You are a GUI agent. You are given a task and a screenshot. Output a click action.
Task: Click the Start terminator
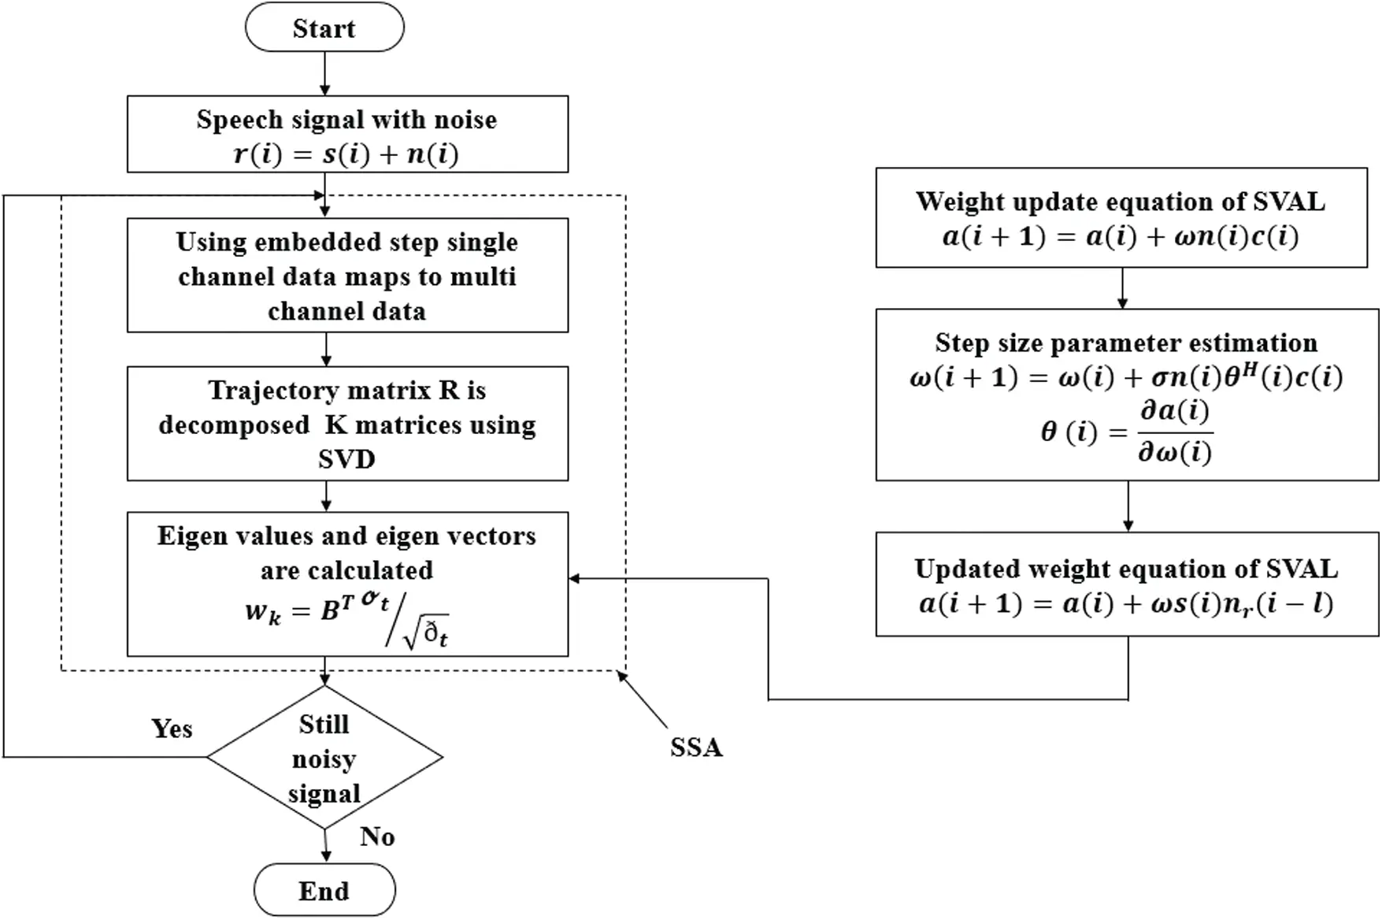pos(324,28)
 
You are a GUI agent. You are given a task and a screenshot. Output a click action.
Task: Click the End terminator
pos(324,891)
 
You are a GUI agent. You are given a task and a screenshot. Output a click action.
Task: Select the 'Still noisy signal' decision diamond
pos(324,758)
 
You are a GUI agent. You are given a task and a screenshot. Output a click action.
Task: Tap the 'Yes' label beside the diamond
pos(172,729)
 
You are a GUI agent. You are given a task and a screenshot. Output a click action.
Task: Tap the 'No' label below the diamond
pos(377,837)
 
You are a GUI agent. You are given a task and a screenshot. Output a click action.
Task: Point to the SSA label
pos(696,747)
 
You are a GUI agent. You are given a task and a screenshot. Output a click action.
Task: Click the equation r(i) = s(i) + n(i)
pos(346,154)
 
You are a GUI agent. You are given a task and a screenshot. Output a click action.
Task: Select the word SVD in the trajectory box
pos(346,459)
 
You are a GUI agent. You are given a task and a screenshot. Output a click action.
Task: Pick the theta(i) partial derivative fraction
pos(1127,432)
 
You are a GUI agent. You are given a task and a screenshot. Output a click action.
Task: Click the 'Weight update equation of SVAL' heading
pos(1121,202)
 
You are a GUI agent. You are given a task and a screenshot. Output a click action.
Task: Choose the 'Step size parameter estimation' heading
pos(1126,343)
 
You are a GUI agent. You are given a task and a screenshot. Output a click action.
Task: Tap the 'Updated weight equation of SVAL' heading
pos(1126,569)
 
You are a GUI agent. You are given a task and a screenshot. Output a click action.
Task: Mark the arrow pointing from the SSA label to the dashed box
pos(642,699)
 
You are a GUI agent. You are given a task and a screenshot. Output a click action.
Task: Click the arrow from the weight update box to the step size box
pos(1122,289)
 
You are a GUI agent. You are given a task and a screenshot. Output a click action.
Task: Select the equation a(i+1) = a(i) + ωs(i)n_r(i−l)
pos(1126,605)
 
